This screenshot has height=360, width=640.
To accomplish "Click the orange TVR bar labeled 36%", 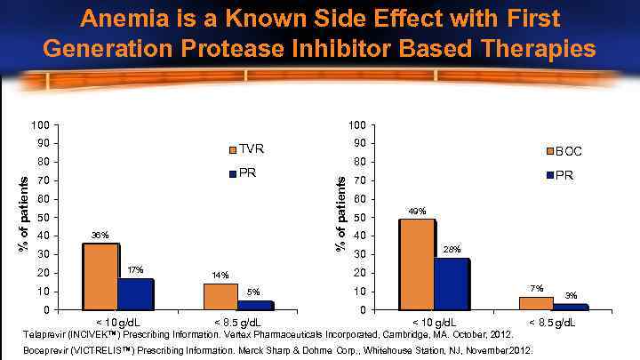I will click(100, 276).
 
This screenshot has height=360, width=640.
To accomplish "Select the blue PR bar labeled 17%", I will click(135, 294).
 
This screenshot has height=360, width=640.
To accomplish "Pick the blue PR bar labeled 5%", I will click(255, 305).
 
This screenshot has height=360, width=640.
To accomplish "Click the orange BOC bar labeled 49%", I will click(418, 264).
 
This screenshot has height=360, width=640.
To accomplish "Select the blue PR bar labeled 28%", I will click(452, 284).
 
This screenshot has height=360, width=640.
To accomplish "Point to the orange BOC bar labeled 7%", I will click(536, 303).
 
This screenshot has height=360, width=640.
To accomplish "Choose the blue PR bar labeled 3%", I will click(571, 307).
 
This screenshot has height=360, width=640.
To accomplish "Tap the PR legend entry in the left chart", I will click(243, 172).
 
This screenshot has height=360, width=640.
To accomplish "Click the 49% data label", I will click(418, 211).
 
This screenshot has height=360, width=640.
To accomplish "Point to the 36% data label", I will click(100, 235).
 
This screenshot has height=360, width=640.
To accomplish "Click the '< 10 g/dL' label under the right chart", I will click(435, 322).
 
